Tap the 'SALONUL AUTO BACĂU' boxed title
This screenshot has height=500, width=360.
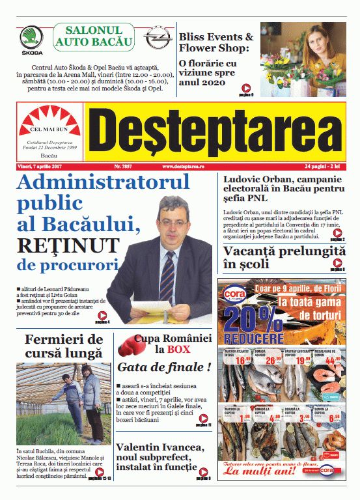94,38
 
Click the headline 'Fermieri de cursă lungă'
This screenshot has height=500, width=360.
63,346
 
